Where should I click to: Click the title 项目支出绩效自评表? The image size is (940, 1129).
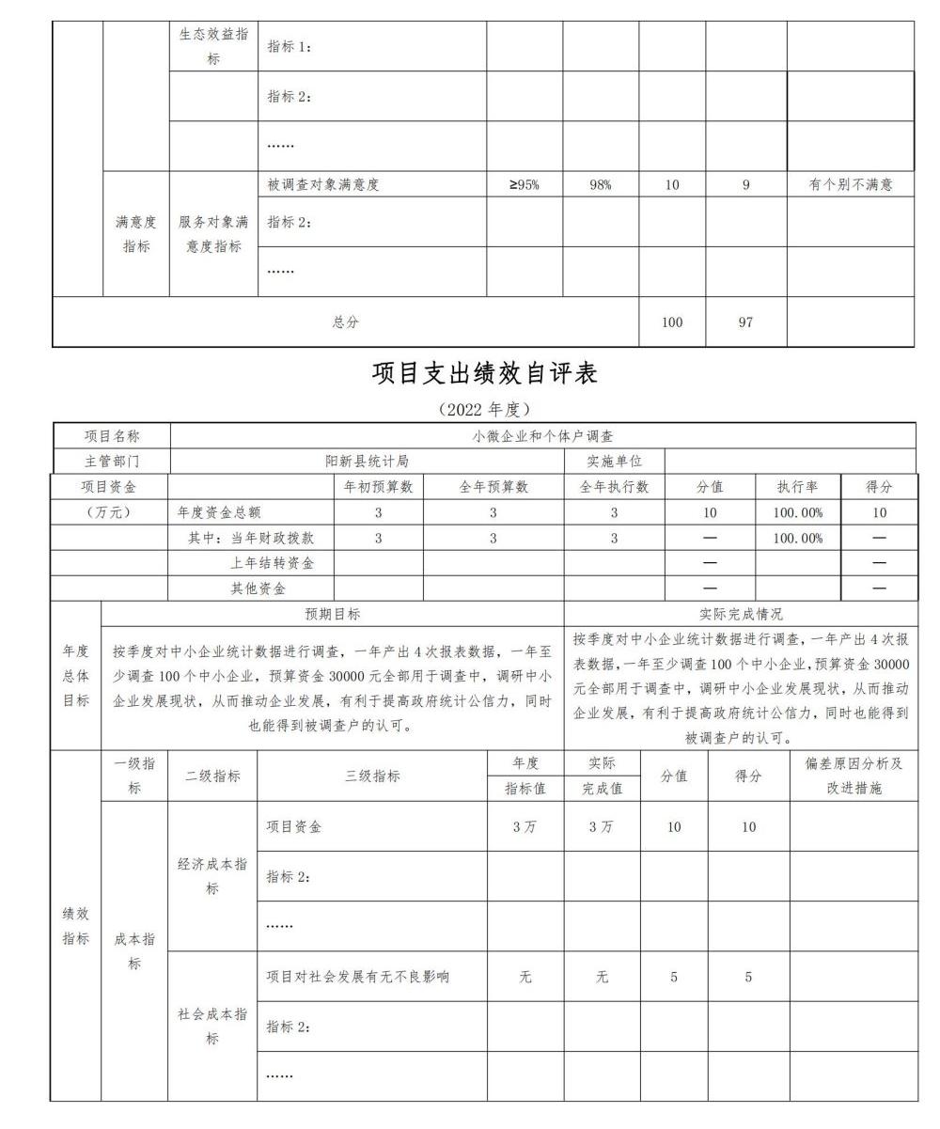[484, 373]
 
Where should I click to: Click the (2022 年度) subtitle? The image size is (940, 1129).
[484, 409]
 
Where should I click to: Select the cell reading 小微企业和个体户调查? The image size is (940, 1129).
[542, 436]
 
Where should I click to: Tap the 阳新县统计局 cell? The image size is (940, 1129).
[367, 462]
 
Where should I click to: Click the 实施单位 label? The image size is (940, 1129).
[614, 462]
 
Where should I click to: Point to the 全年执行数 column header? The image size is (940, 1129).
[614, 487]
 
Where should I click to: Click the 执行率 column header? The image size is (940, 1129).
[798, 487]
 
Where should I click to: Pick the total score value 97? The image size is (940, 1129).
[745, 322]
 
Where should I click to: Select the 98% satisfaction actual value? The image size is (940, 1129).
[601, 185]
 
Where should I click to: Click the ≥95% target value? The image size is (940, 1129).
[524, 185]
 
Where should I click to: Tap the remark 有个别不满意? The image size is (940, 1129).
[850, 185]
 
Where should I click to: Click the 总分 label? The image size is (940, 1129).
[345, 322]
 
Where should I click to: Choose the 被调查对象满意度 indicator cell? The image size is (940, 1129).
[323, 185]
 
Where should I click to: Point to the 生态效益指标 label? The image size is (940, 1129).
[213, 46]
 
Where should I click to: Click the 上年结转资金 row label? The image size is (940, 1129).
[273, 563]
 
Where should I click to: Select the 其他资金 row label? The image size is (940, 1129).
[258, 588]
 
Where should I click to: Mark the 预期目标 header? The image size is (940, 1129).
[332, 614]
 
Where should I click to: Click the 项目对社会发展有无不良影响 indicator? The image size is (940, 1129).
[357, 977]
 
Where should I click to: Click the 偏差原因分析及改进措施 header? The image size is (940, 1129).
[854, 776]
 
